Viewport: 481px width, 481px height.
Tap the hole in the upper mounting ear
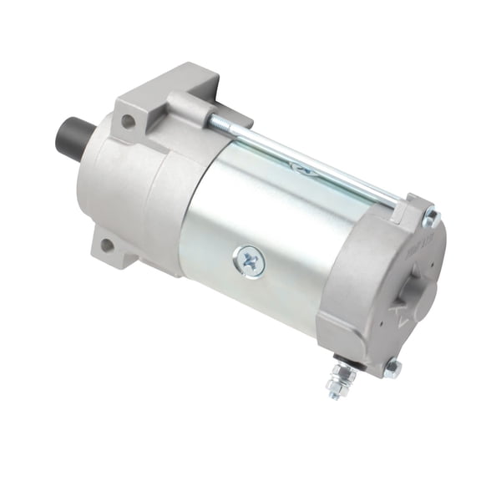tap(128, 121)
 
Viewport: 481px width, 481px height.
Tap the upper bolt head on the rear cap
tap(432, 218)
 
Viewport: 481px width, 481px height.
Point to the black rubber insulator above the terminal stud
tap(344, 360)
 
